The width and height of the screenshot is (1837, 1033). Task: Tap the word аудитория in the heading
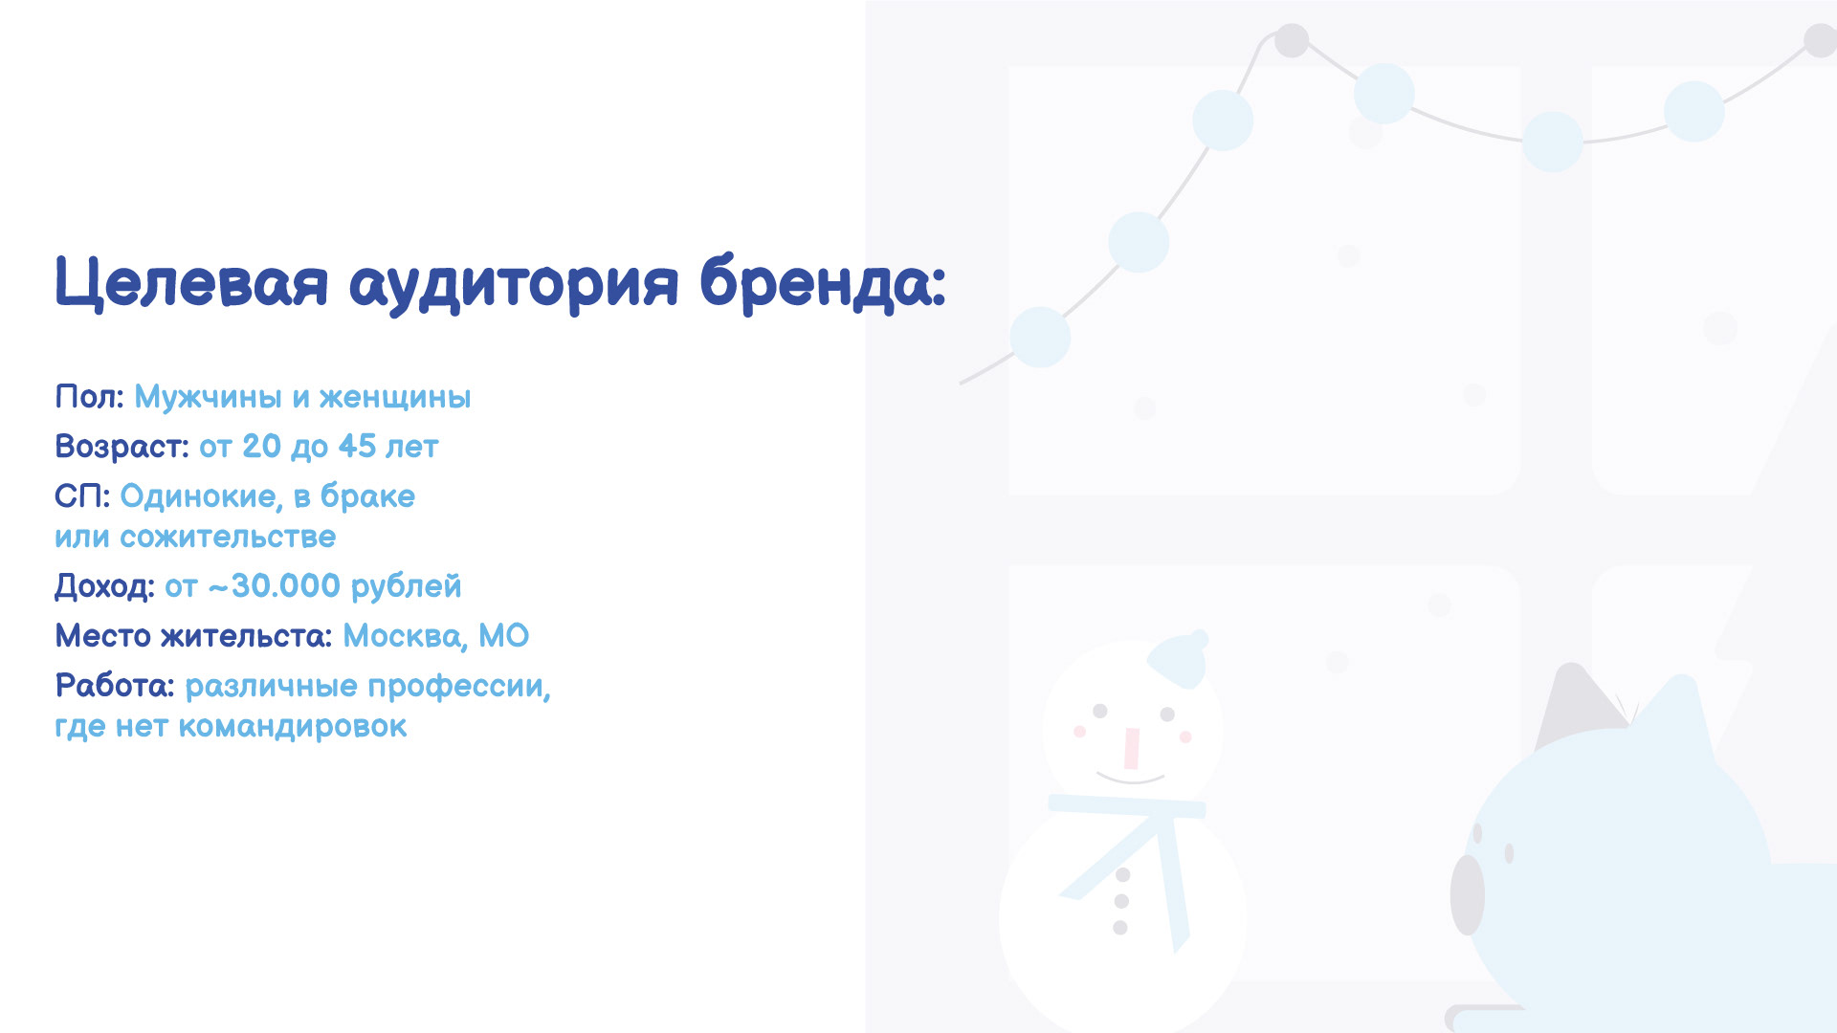(514, 285)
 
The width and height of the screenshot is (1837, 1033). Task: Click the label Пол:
(89, 396)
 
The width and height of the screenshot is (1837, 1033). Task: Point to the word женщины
(395, 398)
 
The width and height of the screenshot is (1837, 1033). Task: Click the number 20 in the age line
(261, 446)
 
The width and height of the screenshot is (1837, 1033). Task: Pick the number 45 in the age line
(357, 446)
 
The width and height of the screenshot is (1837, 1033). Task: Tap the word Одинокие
(201, 496)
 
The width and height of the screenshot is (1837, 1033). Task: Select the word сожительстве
(228, 537)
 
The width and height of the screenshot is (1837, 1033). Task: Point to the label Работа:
(115, 686)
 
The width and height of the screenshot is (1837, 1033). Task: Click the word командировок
(293, 727)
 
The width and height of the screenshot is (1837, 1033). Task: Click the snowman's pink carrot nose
(1132, 749)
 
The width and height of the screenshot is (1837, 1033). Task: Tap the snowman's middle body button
(1122, 901)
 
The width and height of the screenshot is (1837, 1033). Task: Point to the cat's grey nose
(1467, 895)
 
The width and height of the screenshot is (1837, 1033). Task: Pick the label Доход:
(104, 586)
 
